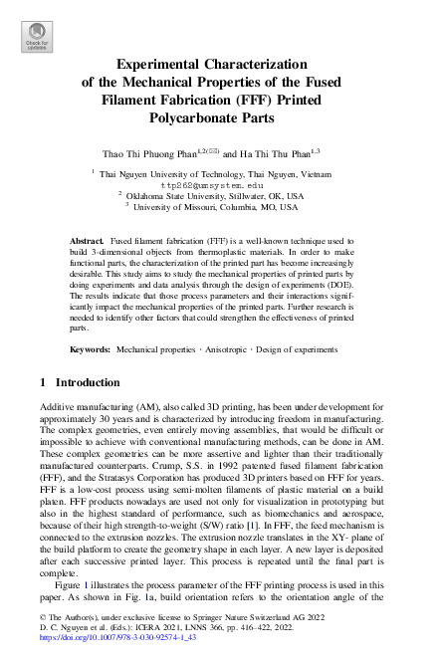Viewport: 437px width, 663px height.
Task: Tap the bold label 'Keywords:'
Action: [x=90, y=351]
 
